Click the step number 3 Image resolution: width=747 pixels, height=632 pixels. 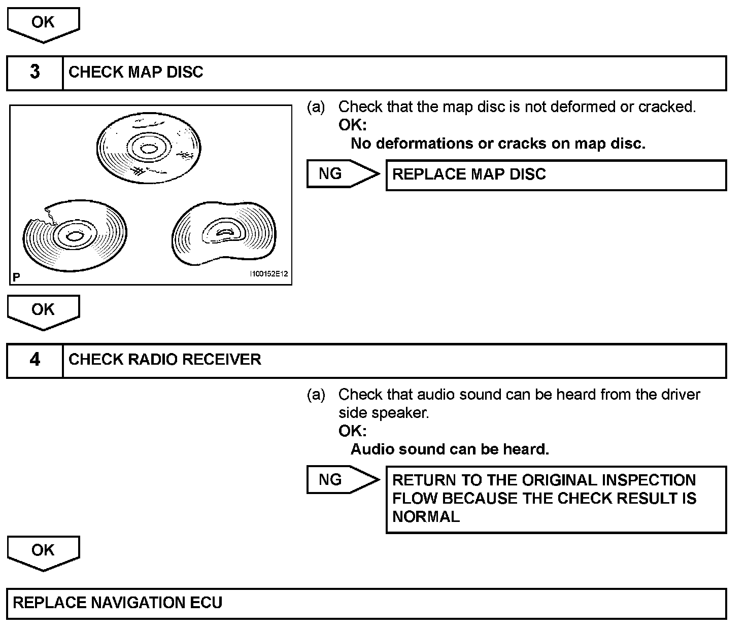35,72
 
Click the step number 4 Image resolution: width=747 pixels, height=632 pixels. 35,360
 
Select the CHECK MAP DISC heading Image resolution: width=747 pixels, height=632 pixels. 135,72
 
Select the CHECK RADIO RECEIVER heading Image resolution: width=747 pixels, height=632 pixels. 164,360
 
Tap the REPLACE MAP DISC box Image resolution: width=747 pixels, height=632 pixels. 556,175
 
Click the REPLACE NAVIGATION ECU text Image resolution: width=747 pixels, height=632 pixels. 117,603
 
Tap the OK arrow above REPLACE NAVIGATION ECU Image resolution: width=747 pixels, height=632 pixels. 43,552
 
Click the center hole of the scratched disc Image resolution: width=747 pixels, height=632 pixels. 149,149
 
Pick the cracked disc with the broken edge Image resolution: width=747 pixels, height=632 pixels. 75,236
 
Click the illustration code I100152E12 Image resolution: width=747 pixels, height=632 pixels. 268,274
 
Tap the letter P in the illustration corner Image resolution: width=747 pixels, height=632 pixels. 16,277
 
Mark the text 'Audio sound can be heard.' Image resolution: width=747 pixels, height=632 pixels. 450,449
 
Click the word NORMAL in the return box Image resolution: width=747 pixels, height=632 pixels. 426,517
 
